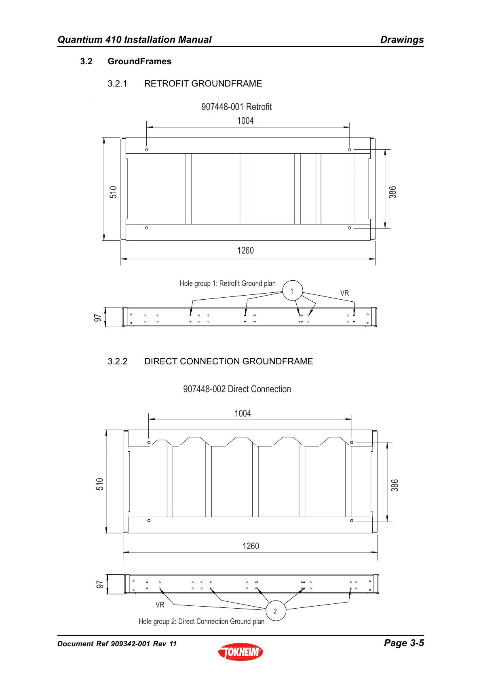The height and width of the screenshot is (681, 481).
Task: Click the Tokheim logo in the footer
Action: (x=240, y=651)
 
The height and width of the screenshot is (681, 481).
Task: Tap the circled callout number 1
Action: (x=292, y=291)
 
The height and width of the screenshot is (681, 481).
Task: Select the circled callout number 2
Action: (x=275, y=611)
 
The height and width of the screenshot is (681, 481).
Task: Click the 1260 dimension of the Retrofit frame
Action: (x=245, y=251)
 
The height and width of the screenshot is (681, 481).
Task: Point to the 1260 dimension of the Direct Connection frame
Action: (x=251, y=546)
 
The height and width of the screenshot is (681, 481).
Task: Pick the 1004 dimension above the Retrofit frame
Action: (x=245, y=121)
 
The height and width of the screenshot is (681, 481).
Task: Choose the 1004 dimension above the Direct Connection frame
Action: (x=243, y=413)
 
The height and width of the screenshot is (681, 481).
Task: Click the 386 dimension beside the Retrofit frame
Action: (x=392, y=192)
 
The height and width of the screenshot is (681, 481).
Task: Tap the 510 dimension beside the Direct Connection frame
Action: (x=100, y=484)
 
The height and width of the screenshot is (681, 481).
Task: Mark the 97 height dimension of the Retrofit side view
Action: (x=97, y=318)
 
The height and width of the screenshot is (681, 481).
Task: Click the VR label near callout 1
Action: (x=344, y=293)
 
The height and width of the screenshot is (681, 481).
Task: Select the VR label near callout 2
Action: (x=160, y=605)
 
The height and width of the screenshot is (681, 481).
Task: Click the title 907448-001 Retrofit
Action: (x=236, y=107)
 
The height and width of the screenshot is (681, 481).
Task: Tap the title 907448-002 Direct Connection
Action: (x=237, y=389)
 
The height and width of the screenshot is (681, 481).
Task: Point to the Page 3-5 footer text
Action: (x=403, y=643)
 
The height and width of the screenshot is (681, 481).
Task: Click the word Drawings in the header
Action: (x=402, y=40)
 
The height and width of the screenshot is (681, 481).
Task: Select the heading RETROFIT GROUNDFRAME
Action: (x=203, y=84)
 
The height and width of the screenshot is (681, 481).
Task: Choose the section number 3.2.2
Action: (x=117, y=362)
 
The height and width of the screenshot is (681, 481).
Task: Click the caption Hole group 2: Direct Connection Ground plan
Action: (x=201, y=622)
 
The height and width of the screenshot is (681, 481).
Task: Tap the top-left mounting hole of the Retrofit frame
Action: (x=147, y=150)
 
